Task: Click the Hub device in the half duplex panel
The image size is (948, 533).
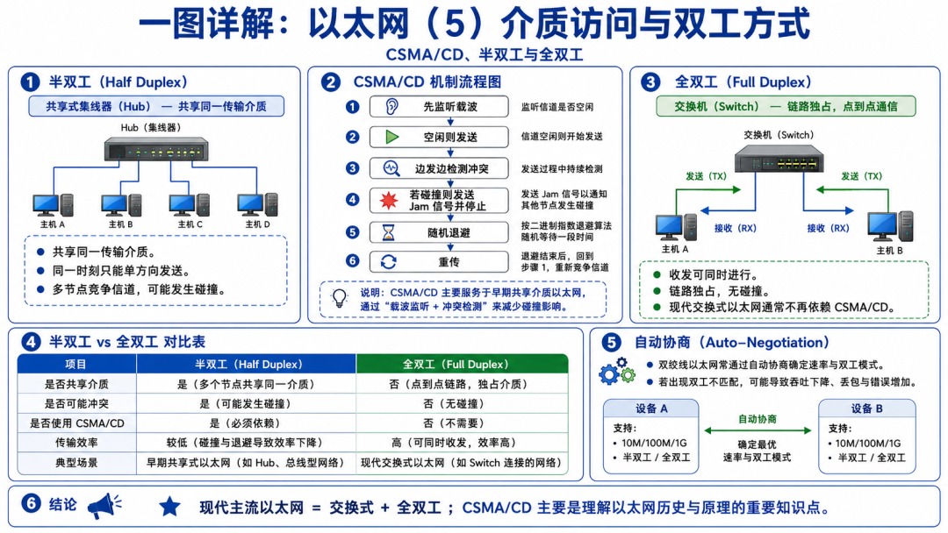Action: click(156, 148)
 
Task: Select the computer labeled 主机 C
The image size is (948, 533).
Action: click(190, 204)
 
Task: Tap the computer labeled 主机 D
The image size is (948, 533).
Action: click(257, 204)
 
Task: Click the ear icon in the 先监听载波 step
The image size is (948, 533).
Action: click(391, 107)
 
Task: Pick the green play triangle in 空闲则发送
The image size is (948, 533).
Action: click(392, 137)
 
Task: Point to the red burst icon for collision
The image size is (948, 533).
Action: click(389, 201)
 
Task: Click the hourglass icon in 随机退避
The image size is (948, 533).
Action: click(388, 232)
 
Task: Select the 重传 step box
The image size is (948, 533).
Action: click(439, 262)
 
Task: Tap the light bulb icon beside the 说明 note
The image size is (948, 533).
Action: click(340, 298)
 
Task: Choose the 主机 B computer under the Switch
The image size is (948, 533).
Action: click(890, 227)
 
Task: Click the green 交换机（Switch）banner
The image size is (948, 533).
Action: click(786, 106)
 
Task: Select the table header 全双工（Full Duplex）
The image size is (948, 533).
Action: click(462, 365)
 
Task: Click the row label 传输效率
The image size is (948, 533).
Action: click(76, 443)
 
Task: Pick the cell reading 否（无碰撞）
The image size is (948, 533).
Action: click(462, 403)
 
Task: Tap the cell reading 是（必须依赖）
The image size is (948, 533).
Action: click(245, 423)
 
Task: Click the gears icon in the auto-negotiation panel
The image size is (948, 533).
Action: click(617, 371)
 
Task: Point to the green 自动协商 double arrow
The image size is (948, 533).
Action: click(758, 430)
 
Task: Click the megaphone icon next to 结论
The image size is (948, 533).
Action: click(104, 506)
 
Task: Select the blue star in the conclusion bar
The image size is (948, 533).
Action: click(170, 507)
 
